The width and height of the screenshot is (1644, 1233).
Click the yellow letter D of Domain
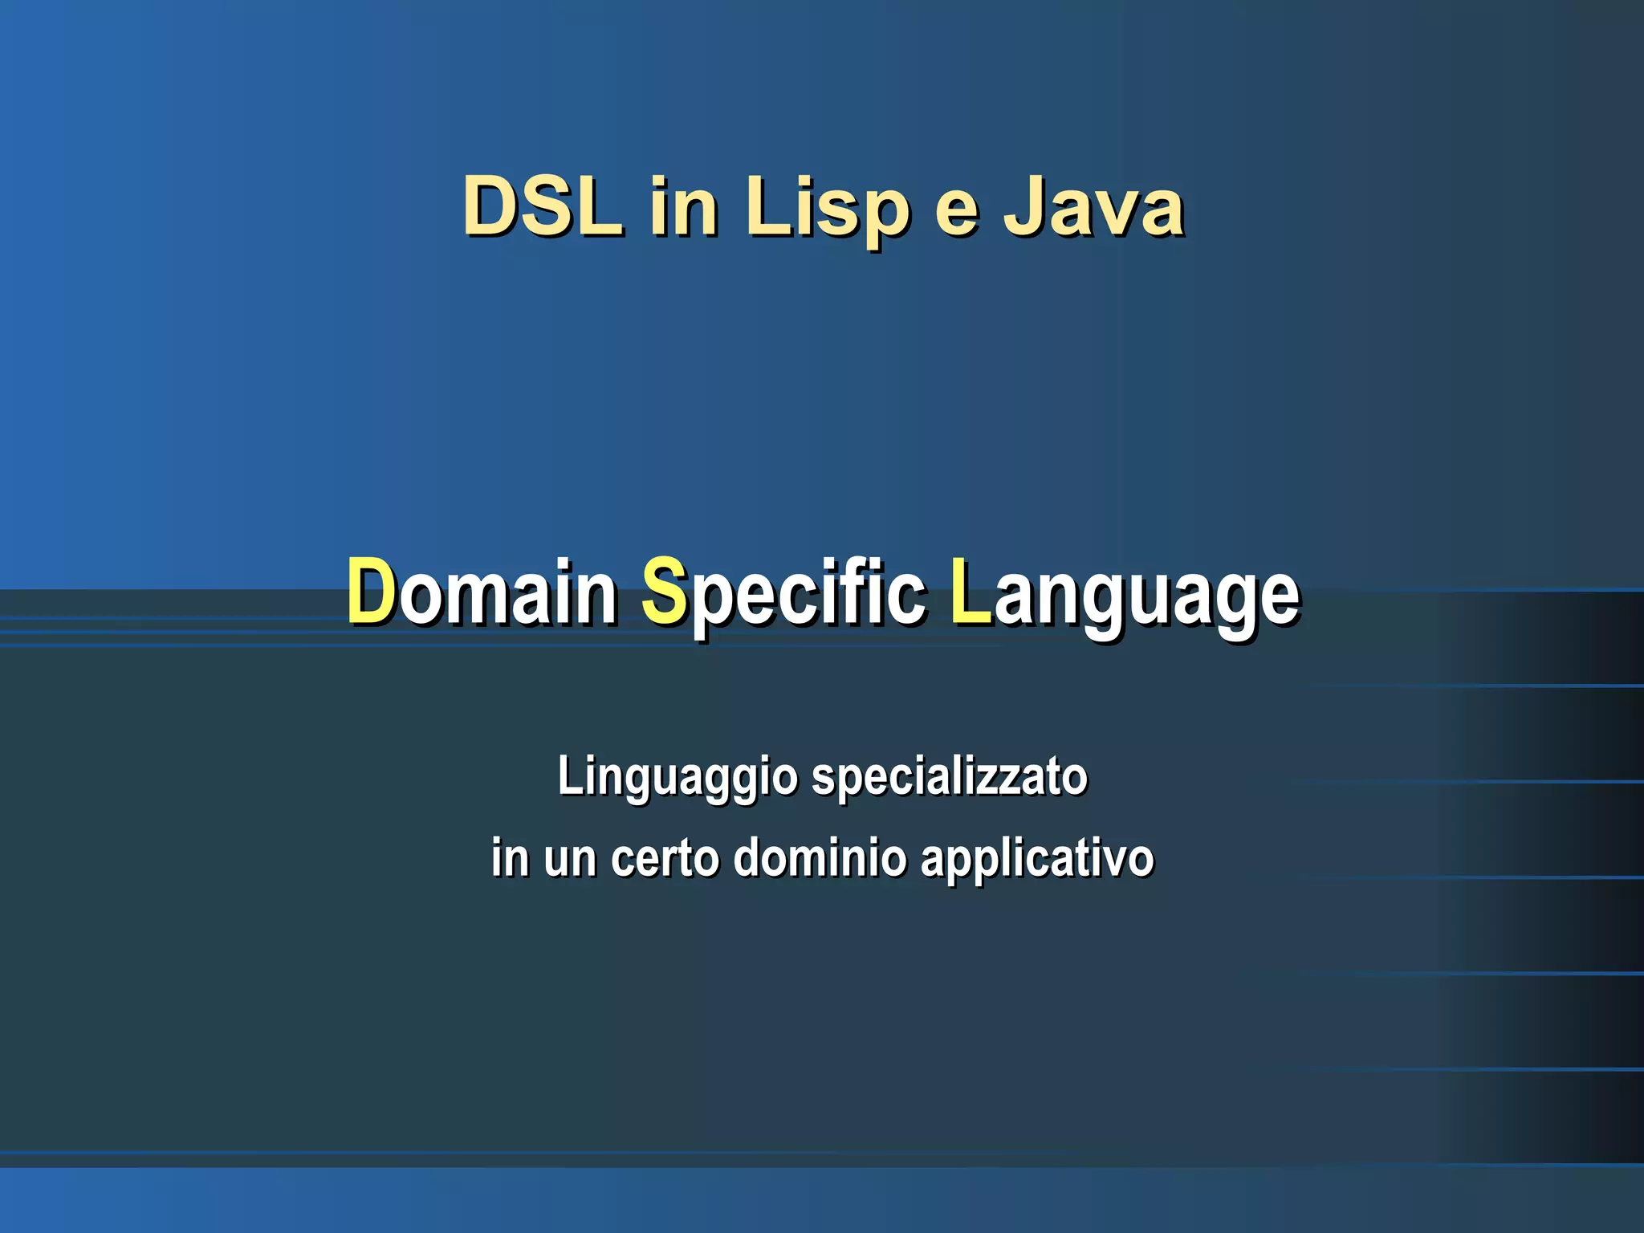[x=372, y=592]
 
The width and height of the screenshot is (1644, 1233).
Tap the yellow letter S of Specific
[x=664, y=592]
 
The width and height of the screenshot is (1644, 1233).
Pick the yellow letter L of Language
[x=971, y=592]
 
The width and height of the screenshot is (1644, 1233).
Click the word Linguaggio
[x=678, y=778]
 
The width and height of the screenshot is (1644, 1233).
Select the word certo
[x=665, y=858]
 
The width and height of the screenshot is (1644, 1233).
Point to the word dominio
[x=820, y=857]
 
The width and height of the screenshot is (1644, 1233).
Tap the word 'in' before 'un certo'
[x=510, y=857]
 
